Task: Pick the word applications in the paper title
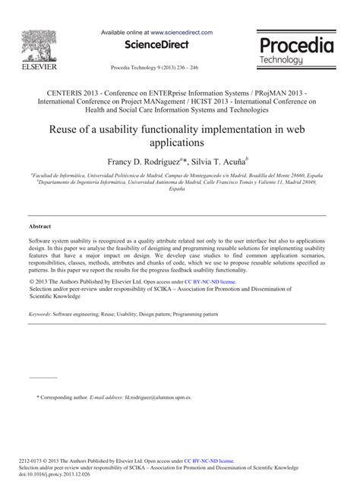click(179, 142)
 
